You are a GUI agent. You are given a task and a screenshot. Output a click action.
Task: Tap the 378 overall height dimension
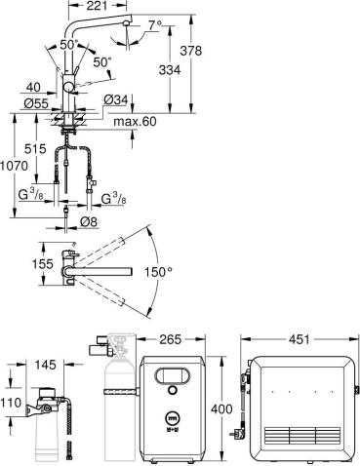click(191, 51)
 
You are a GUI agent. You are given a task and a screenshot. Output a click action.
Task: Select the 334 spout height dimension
click(170, 70)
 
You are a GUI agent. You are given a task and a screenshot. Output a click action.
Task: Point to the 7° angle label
click(155, 25)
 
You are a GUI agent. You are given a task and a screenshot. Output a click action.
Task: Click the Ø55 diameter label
click(36, 103)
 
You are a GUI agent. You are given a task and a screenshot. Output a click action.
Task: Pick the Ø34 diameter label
click(116, 100)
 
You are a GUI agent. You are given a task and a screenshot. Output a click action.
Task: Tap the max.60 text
click(135, 122)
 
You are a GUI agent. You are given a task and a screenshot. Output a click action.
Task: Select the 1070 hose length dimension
click(14, 166)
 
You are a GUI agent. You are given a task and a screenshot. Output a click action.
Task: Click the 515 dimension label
click(35, 149)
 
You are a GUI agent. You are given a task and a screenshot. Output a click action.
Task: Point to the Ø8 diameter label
click(89, 222)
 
